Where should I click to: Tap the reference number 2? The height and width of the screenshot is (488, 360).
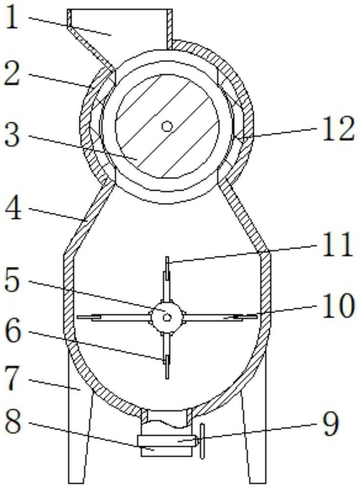tap(12, 75)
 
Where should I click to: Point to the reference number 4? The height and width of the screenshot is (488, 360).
tap(13, 209)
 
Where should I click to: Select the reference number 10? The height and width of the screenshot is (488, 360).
tap(338, 305)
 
